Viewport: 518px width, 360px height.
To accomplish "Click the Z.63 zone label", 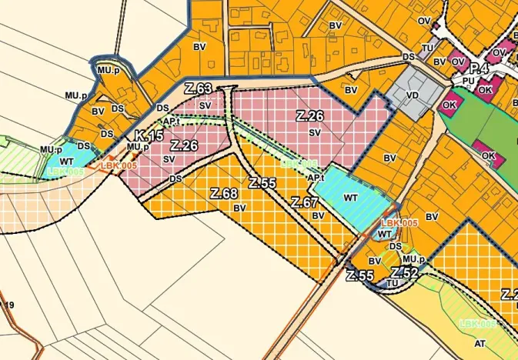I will click(x=199, y=89).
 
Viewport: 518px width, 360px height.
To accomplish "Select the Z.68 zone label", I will click(x=223, y=193).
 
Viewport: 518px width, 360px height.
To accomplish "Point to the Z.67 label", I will click(x=305, y=202).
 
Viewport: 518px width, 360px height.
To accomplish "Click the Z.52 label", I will click(x=404, y=273).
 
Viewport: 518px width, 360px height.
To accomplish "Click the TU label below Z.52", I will click(x=393, y=283).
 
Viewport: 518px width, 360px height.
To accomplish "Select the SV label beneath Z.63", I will click(x=203, y=103).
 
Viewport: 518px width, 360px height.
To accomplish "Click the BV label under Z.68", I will click(x=239, y=208).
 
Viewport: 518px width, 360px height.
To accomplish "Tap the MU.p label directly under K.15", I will click(x=137, y=147).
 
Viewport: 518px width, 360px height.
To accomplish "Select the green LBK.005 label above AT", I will click(x=477, y=324).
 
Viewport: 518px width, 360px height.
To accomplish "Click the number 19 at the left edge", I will click(x=9, y=305).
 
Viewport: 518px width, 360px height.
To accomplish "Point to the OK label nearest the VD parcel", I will click(x=450, y=105).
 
